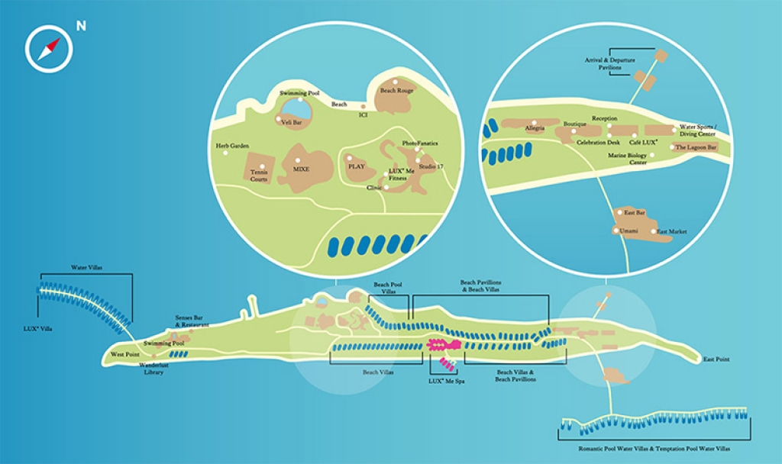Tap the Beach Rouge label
397,91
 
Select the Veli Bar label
290,121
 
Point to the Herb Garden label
233,146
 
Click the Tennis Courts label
259,176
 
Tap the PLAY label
357,165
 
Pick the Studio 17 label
431,166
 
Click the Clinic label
374,187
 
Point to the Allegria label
535,128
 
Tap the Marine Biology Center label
627,159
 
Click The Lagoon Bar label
696,147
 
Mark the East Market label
673,231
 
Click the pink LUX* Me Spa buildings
441,348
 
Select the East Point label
717,359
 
